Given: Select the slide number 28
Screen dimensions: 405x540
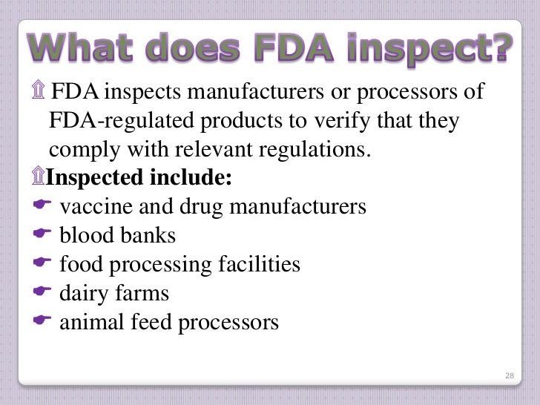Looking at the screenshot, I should click(509, 377).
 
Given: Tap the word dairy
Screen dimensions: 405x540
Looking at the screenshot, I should click(83, 294).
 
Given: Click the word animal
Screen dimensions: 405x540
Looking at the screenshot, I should click(90, 323).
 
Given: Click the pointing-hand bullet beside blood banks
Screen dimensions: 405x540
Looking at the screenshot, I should click(42, 236).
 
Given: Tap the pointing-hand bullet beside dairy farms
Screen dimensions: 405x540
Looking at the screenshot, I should click(42, 294).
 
